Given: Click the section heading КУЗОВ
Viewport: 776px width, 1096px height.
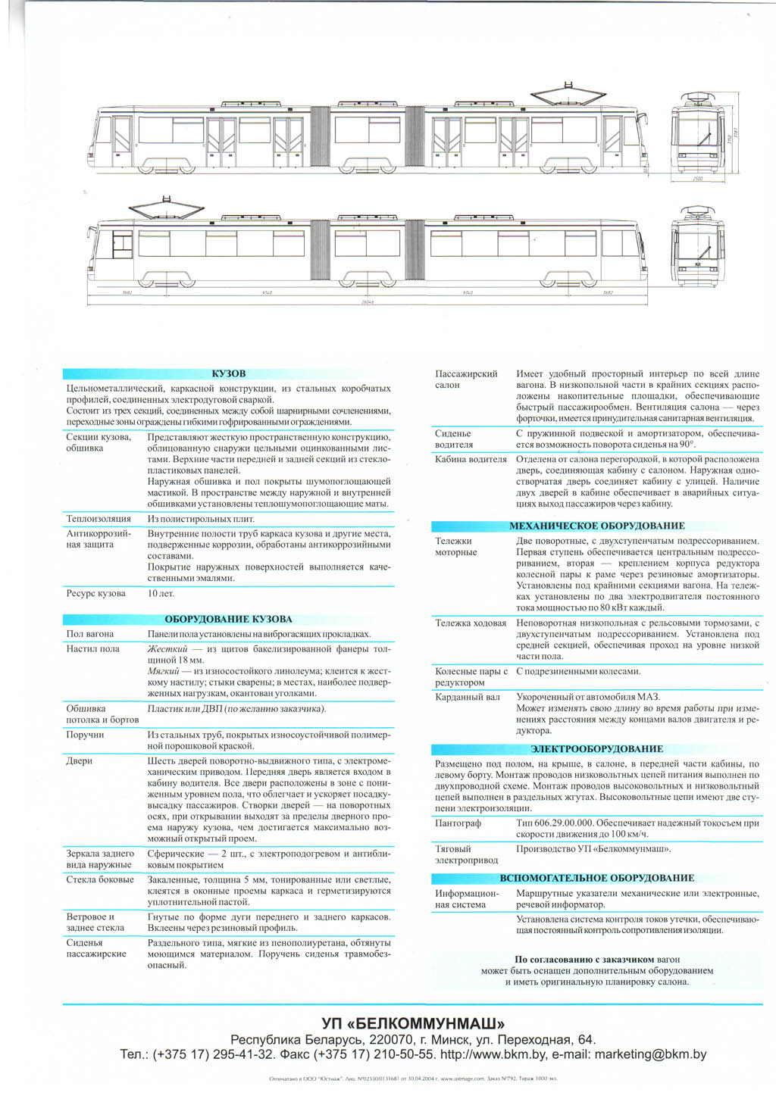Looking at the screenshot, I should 228,373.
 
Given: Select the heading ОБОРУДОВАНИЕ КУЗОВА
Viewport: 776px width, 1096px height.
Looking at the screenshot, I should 228,619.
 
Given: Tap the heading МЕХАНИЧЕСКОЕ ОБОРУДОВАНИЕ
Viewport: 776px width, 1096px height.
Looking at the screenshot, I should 596,526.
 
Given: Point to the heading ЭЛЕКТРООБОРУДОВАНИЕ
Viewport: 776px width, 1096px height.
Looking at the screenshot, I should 596,749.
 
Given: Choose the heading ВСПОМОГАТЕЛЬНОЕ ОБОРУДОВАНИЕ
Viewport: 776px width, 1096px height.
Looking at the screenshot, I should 596,878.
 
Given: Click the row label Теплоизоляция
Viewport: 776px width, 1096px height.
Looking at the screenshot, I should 99,519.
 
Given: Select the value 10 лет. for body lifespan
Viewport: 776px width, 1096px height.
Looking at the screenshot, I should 161,593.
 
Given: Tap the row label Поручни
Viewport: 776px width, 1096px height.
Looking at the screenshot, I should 85,735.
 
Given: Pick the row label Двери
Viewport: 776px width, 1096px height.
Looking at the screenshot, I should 79,760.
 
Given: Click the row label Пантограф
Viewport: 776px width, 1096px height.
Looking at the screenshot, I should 458,823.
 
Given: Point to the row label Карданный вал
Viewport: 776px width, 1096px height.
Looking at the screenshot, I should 468,697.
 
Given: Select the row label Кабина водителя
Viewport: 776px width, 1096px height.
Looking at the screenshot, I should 471,459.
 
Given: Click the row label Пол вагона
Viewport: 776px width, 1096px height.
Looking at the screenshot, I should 90,634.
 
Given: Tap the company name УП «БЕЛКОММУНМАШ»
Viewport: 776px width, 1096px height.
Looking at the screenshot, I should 413,1023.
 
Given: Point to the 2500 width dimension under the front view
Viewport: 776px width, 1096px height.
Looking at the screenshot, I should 697,179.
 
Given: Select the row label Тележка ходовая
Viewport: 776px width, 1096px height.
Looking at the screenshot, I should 471,623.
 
